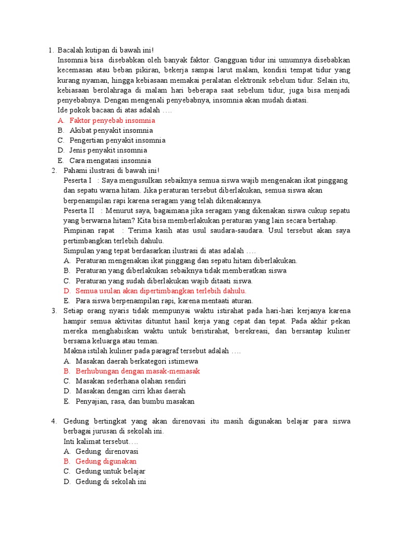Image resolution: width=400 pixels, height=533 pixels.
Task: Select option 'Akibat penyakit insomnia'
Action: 111,131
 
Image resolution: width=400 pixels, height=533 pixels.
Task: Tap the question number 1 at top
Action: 50,50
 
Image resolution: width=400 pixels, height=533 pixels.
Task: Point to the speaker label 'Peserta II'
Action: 79,210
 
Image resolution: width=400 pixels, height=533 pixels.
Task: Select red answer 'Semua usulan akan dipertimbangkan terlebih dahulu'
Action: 160,291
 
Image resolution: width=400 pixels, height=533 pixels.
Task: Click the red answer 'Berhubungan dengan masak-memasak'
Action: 137,371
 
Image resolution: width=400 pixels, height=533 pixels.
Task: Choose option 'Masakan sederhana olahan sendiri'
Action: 131,381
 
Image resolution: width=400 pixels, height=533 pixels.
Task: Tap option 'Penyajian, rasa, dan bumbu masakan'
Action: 135,401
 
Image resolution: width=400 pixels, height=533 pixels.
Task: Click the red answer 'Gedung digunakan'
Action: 106,461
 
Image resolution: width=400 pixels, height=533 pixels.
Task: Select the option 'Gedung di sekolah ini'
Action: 110,481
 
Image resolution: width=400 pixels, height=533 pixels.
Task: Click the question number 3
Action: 54,311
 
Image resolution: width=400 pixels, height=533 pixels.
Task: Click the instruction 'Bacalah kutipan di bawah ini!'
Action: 106,50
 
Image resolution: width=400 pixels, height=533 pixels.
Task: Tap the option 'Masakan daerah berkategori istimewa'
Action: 136,361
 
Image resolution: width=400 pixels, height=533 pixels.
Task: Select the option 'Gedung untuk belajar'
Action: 110,471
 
